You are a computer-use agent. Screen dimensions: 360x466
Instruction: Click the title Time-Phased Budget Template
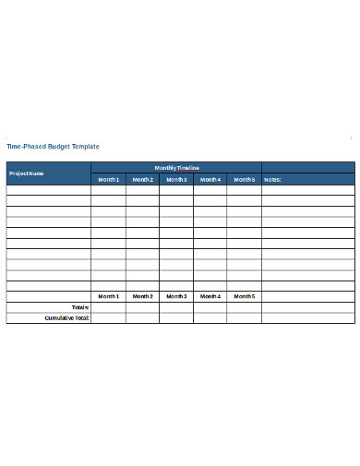pos(53,147)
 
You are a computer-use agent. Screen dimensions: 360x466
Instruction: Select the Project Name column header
pos(27,173)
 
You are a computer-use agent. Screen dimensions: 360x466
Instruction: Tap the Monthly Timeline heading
pos(175,167)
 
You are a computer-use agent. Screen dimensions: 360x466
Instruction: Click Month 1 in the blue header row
pos(109,180)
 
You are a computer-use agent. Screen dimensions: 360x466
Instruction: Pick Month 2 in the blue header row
pos(142,180)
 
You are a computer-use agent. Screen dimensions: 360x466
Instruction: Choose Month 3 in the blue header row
pos(176,180)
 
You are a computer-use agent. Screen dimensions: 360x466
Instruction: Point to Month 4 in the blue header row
pos(210,180)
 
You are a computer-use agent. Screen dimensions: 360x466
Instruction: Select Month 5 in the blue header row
pos(244,180)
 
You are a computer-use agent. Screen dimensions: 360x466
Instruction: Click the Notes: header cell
pos(272,180)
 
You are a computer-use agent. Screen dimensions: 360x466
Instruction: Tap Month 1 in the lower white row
pos(109,296)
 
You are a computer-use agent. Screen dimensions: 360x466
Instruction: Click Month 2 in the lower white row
pos(142,296)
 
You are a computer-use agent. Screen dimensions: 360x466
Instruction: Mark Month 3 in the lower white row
pos(176,296)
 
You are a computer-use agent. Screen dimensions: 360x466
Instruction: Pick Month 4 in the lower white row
pos(210,296)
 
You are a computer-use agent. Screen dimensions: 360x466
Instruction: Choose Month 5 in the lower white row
pos(244,296)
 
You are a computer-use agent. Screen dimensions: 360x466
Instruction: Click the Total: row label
pos(79,307)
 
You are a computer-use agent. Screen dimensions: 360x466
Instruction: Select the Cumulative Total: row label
pos(66,317)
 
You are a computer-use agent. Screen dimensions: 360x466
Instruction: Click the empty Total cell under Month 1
pos(109,307)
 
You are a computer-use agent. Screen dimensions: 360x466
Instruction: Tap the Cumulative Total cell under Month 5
pos(244,317)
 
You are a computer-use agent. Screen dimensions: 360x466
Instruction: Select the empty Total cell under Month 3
pos(176,307)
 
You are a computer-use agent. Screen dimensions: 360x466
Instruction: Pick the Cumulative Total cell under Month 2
pos(142,317)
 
